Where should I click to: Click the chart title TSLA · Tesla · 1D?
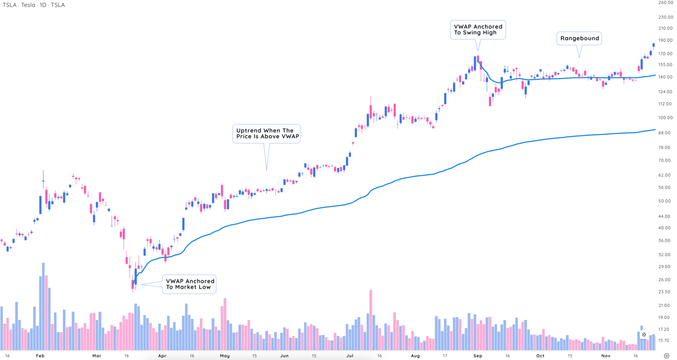[x=34, y=5]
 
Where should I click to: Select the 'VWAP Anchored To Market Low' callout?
[x=189, y=284]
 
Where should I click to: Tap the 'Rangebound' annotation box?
[x=579, y=38]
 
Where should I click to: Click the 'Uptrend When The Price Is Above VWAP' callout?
[x=267, y=134]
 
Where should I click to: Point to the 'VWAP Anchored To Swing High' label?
[x=478, y=29]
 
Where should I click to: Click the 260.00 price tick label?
[x=665, y=3]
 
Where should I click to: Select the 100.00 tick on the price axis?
[x=665, y=118]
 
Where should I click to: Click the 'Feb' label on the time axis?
[x=40, y=356]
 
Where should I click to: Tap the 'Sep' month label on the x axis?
[x=477, y=356]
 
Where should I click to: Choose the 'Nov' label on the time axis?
[x=606, y=356]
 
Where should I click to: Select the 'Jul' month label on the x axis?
[x=350, y=356]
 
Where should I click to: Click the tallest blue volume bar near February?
[x=43, y=307]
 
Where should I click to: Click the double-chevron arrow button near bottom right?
[x=644, y=335]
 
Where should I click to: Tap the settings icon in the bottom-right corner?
[x=666, y=356]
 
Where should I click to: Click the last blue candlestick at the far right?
[x=654, y=45]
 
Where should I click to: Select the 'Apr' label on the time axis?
[x=162, y=356]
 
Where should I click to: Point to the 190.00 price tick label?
[x=665, y=40]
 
